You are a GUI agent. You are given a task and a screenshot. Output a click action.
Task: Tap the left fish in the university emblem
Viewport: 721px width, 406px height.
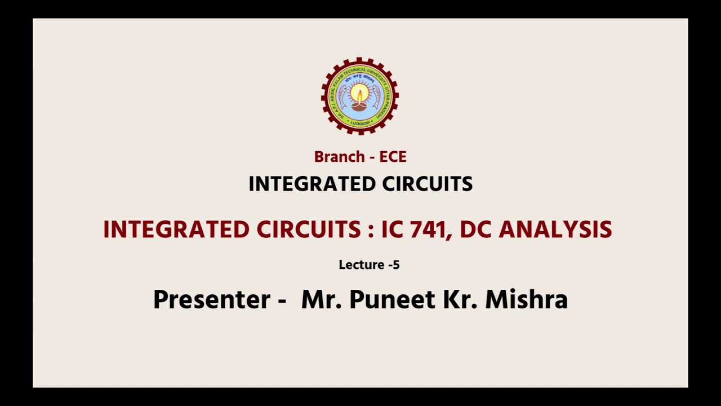[x=343, y=96]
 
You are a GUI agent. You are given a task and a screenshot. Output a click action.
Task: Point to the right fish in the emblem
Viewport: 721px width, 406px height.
[x=376, y=96]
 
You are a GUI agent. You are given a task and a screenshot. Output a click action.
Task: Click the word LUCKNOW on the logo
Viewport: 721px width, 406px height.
[x=360, y=122]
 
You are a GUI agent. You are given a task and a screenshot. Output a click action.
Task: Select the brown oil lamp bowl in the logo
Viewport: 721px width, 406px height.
[x=359, y=105]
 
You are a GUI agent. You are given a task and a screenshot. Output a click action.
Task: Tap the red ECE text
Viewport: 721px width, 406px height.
[x=393, y=157]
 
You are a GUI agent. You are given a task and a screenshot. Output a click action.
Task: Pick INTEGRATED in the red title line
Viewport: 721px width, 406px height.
[x=176, y=230]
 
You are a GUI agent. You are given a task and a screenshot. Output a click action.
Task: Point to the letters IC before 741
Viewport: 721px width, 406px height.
[x=393, y=230]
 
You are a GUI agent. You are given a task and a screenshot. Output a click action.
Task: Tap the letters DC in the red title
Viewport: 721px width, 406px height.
[x=477, y=230]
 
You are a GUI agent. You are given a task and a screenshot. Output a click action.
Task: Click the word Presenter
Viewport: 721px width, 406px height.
[x=212, y=299]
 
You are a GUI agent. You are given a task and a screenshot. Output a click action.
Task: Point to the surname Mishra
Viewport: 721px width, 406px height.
[x=526, y=299]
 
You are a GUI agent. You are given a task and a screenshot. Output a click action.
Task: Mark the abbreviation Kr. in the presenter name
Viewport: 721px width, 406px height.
[x=457, y=299]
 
